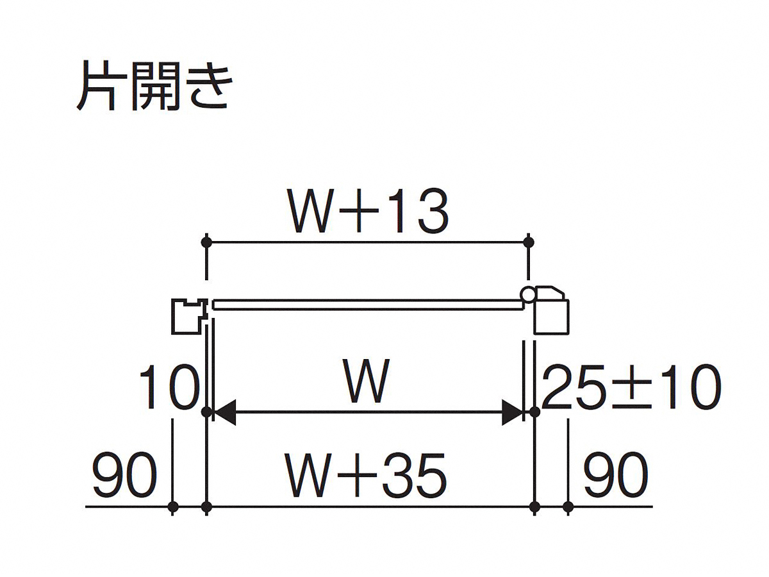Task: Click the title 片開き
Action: [154, 86]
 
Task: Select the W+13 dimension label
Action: [368, 212]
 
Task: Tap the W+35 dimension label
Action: [366, 476]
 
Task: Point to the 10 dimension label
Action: [170, 387]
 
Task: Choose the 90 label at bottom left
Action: [124, 476]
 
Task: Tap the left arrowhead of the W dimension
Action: [224, 412]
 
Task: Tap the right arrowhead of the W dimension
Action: [512, 412]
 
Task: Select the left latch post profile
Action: [189, 316]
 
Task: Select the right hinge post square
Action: [551, 317]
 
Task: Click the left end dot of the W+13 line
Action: [207, 242]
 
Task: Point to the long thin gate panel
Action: [368, 305]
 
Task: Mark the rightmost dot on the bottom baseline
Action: [568, 506]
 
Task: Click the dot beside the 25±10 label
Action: [534, 412]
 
